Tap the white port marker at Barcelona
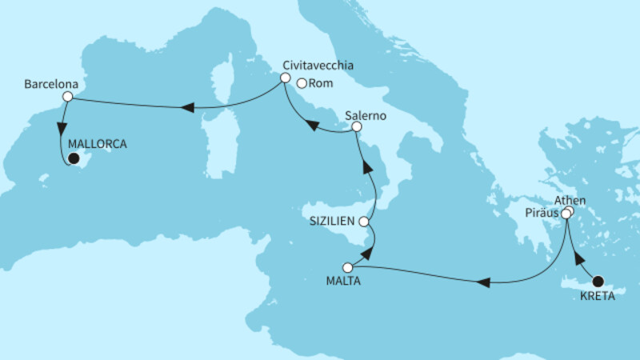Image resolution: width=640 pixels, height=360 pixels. pyautogui.click(x=68, y=97)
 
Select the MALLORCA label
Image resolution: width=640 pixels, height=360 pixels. pyautogui.click(x=98, y=145)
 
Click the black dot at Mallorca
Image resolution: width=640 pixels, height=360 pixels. pyautogui.click(x=73, y=158)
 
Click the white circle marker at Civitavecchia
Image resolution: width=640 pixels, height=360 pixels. pyautogui.click(x=284, y=78)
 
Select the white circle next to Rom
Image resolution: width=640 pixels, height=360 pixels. pyautogui.click(x=302, y=82)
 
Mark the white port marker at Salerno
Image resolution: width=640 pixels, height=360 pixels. pyautogui.click(x=357, y=126)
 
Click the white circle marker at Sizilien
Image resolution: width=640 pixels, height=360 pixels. pyautogui.click(x=364, y=221)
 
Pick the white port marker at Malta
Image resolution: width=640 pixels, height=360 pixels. pyautogui.click(x=347, y=267)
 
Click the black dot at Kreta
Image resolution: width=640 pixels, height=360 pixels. pyautogui.click(x=598, y=280)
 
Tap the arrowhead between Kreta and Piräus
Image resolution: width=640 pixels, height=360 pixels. pyautogui.click(x=579, y=260)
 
